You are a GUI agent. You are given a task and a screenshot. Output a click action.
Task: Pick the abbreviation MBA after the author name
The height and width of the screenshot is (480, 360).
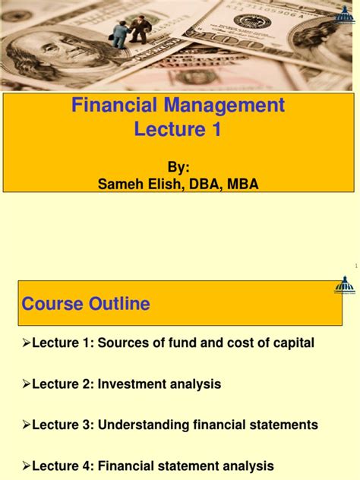pos(243,184)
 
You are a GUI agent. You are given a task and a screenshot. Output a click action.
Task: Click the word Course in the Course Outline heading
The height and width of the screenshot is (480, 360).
pos(51,304)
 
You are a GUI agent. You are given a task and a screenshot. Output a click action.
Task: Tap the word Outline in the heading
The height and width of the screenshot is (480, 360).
pos(117,304)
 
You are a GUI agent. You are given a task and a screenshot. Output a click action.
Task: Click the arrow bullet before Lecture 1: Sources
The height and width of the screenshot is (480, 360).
pos(27,343)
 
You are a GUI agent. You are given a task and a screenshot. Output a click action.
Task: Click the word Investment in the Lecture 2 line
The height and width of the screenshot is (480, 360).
pos(122,384)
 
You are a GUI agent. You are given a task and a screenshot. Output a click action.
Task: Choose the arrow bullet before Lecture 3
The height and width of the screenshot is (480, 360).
pos(27,425)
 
